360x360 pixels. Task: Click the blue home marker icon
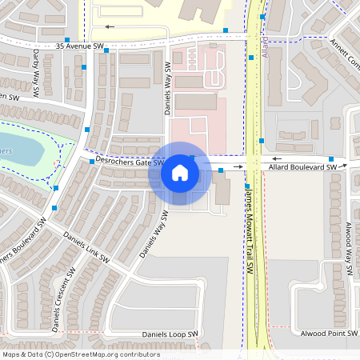pos(179,173)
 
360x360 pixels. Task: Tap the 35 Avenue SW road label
pos(81,46)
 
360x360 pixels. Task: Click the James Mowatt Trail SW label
pos(249,232)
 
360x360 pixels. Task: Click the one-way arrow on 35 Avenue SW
pos(110,26)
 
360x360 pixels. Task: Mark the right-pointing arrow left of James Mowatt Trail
pos(239,166)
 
